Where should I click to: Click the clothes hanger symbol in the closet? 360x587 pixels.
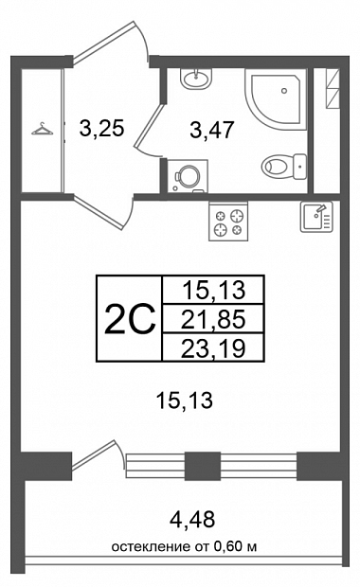[x=42, y=129]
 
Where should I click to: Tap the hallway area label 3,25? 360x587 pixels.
[x=101, y=129]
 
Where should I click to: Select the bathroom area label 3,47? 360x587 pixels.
[x=212, y=130]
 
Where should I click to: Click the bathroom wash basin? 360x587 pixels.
[x=195, y=79]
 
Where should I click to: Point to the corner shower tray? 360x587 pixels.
[x=276, y=99]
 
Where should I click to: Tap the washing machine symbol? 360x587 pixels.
[x=188, y=176]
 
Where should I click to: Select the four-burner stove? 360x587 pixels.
[x=228, y=221]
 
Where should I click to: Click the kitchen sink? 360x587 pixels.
[x=316, y=217]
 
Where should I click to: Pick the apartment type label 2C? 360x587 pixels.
[x=129, y=319]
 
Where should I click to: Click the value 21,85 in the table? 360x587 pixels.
[x=213, y=319]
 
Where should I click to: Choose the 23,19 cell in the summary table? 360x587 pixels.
[x=213, y=347]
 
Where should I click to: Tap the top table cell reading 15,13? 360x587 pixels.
[x=213, y=290]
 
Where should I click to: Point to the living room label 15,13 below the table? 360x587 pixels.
[x=185, y=400]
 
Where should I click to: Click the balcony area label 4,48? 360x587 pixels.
[x=192, y=519]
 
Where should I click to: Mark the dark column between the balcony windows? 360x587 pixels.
[x=203, y=466]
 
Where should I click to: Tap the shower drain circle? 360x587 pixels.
[x=284, y=91]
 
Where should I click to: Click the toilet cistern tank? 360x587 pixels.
[x=300, y=167]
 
